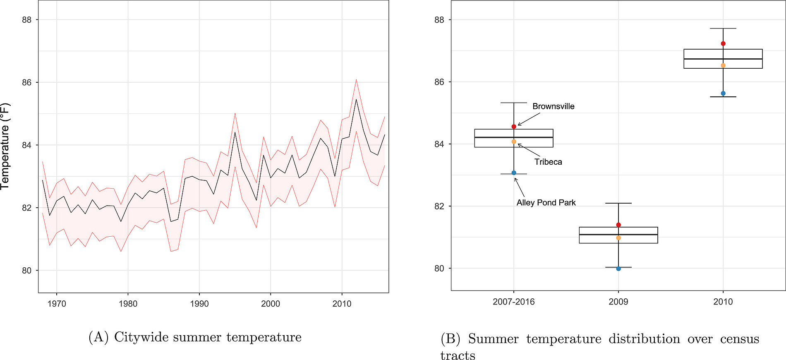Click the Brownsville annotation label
tap(553, 106)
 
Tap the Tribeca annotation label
tap(548, 162)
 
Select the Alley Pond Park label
tap(546, 203)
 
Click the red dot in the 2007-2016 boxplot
tap(514, 127)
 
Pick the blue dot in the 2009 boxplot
tap(618, 269)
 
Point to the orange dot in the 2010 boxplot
tap(723, 65)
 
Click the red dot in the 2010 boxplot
tap(723, 43)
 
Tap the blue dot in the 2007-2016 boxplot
tap(514, 173)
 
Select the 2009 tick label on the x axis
tap(618, 302)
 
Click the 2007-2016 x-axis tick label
tap(513, 302)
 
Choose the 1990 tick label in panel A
tap(199, 304)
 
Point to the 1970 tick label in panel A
tap(57, 304)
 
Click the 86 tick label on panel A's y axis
tap(26, 82)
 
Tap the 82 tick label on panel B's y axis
tap(439, 206)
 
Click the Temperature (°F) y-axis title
tap(5, 146)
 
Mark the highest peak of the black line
tap(356, 99)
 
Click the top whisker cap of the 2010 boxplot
tap(723, 29)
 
